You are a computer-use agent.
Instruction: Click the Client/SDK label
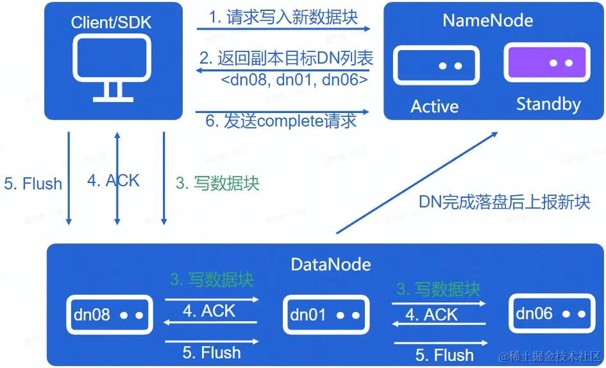click(112, 22)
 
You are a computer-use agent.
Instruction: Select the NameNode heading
click(487, 20)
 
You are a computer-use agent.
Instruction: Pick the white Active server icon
click(437, 66)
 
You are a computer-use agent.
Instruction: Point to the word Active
click(435, 106)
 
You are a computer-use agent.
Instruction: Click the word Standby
click(548, 104)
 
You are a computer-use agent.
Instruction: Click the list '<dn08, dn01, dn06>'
click(294, 80)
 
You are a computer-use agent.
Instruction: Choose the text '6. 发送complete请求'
click(281, 120)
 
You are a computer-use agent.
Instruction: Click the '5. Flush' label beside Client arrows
click(33, 184)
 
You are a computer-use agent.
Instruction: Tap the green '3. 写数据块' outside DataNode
click(217, 183)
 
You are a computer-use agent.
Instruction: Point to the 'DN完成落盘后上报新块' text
click(504, 202)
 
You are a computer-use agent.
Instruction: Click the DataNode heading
click(330, 264)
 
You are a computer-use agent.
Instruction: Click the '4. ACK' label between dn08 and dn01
click(209, 311)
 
